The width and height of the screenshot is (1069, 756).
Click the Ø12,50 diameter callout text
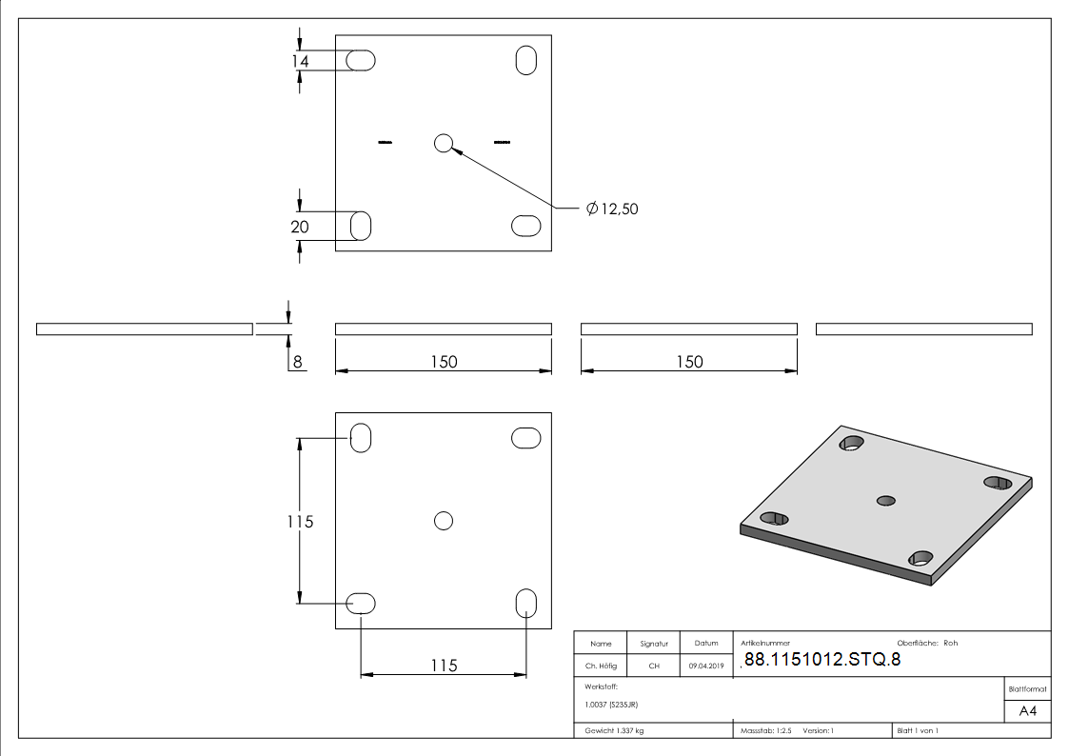click(x=612, y=209)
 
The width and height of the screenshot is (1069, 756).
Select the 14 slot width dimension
click(x=300, y=61)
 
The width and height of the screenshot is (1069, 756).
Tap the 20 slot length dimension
click(x=300, y=227)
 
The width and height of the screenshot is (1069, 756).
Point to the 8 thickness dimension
click(x=297, y=362)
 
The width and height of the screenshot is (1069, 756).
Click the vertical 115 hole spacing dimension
click(x=300, y=522)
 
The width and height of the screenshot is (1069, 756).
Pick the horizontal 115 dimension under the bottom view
click(x=444, y=666)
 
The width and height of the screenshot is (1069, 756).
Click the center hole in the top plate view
click(x=444, y=143)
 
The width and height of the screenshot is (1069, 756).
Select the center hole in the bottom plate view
click(x=444, y=521)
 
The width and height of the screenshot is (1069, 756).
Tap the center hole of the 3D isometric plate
click(x=885, y=501)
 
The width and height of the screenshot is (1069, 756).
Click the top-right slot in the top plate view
click(x=525, y=60)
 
